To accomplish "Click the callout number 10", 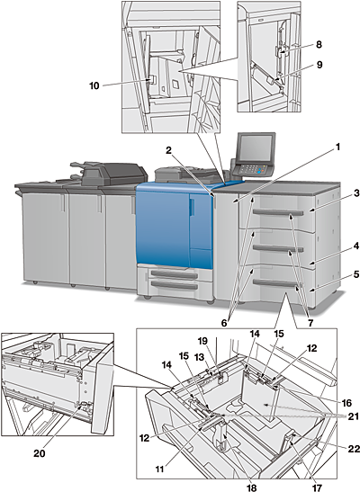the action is tap(94, 85).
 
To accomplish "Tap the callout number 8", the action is tap(319, 45).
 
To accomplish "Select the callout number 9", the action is tap(319, 65).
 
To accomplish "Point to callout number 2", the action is tap(169, 150).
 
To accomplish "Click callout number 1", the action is tap(337, 147).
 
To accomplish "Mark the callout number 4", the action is tap(356, 246).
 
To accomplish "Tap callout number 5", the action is tap(356, 274).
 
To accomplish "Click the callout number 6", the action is tap(224, 323).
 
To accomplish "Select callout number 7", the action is tap(310, 323).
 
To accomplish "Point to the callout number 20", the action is tap(40, 453).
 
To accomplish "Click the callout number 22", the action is tap(354, 450).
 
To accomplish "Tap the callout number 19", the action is tap(203, 341).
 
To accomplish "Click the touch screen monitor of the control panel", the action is tap(256, 148).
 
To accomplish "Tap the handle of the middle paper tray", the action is tap(278, 249).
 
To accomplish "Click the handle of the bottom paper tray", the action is tap(274, 283).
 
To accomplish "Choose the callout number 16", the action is tap(346, 402).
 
